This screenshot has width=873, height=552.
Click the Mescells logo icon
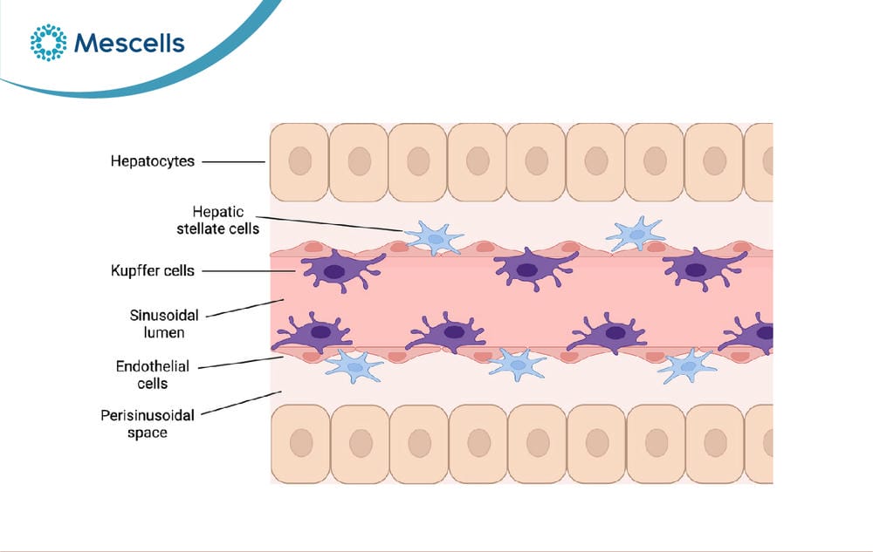(x=48, y=42)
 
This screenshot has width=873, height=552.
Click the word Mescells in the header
(x=129, y=43)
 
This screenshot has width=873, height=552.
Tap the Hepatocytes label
(x=153, y=161)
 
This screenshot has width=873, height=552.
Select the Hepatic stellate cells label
(x=217, y=220)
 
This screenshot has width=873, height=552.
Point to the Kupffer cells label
(x=153, y=270)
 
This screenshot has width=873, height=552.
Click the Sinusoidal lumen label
(x=164, y=324)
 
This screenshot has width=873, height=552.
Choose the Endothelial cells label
(x=153, y=375)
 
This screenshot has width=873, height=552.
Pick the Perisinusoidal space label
(x=148, y=424)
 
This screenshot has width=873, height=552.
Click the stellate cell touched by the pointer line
(x=434, y=238)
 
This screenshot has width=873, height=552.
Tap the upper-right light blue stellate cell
(x=636, y=234)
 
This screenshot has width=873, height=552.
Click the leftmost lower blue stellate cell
(x=354, y=365)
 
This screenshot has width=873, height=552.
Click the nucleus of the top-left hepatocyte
(x=300, y=160)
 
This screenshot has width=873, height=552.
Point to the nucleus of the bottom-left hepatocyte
(x=301, y=443)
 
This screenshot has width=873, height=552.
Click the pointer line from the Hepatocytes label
(x=234, y=162)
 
